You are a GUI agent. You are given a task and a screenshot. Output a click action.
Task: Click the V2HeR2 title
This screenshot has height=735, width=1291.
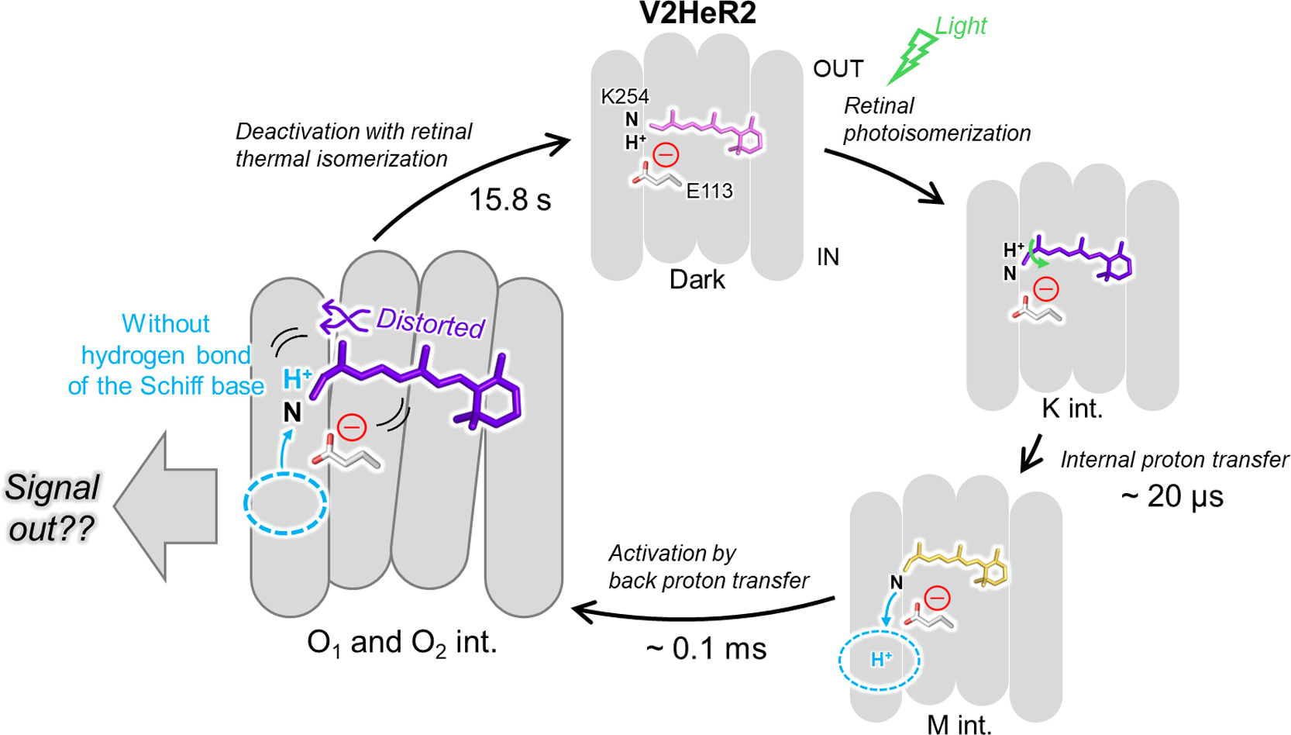coord(697,13)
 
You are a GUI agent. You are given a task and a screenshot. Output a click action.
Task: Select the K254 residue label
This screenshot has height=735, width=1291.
coord(625,97)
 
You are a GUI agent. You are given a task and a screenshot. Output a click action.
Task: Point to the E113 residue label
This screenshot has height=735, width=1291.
coord(709,191)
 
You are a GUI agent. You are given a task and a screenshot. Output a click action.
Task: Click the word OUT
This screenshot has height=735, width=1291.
coord(838,70)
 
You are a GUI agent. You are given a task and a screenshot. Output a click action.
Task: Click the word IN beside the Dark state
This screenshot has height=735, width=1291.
coord(828,257)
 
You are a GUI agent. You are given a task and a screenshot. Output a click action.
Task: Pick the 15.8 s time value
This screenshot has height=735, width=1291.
coord(510,200)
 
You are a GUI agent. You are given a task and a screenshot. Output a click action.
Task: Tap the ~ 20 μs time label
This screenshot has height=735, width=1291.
coord(1172,496)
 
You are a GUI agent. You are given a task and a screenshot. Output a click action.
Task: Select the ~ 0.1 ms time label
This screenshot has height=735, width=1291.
coord(706,648)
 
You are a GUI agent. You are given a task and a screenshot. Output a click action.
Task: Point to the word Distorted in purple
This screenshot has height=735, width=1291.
coord(430,323)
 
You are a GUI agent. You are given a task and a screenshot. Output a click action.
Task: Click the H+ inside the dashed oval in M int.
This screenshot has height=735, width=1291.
coord(881,660)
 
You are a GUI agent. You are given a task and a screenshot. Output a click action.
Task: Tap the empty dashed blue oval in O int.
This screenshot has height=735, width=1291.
coord(285,503)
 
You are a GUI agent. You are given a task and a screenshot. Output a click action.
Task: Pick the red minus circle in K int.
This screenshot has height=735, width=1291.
coord(1046,290)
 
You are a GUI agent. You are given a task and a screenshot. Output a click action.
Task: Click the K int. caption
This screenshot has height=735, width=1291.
coord(1072,409)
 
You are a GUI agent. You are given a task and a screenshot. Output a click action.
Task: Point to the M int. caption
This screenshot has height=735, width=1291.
coord(959,724)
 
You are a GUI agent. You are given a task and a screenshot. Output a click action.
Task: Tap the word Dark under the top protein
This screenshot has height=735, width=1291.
coord(697,280)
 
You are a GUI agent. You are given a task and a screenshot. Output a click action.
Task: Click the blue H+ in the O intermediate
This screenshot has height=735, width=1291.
coord(297,379)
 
